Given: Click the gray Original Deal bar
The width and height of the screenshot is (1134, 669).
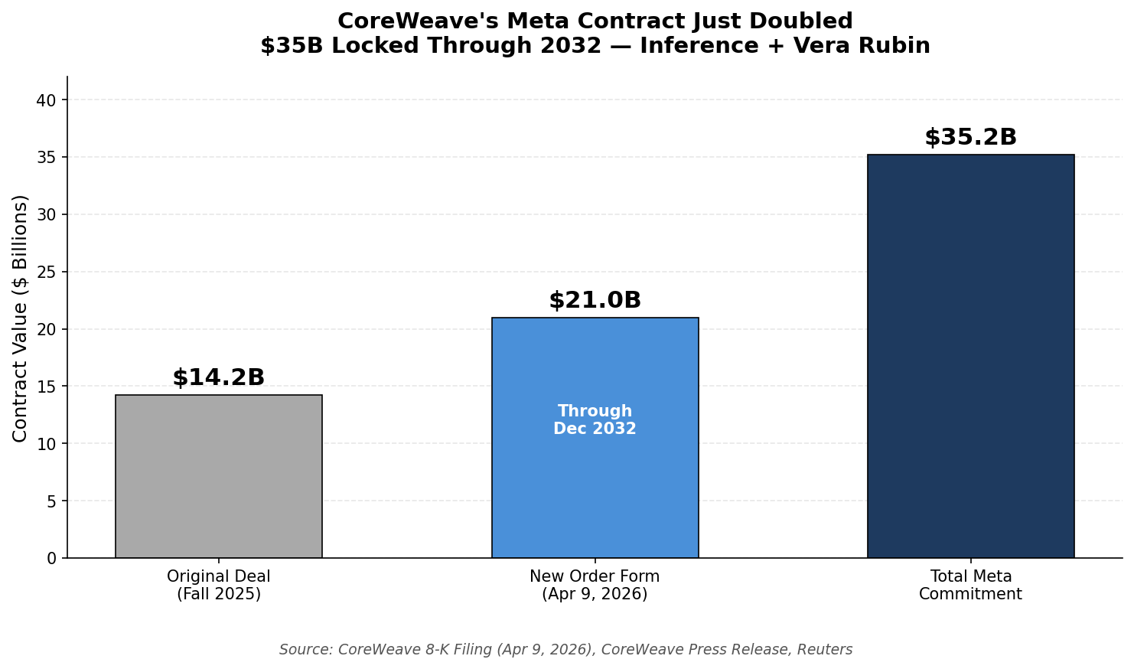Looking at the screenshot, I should click(x=218, y=476).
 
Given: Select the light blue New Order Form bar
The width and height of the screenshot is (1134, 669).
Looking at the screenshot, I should click(x=595, y=490).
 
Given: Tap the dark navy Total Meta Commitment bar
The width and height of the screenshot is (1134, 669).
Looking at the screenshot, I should click(x=970, y=356).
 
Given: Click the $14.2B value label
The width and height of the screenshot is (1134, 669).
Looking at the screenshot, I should click(x=218, y=377).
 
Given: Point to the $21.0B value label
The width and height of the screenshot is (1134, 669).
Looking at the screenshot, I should click(x=595, y=300).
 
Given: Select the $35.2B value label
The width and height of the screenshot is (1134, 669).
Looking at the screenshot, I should click(x=970, y=138).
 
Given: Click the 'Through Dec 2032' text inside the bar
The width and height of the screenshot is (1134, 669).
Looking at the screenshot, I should click(x=595, y=420).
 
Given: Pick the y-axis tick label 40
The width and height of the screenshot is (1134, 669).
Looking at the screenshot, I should click(x=47, y=100).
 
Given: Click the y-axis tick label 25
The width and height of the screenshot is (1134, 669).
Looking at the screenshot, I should click(x=47, y=272).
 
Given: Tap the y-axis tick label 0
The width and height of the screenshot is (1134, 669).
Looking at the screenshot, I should click(x=51, y=559).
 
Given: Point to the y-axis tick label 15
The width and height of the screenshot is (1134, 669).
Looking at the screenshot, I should click(x=47, y=387).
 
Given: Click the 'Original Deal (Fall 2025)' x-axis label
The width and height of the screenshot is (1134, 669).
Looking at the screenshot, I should click(x=218, y=586).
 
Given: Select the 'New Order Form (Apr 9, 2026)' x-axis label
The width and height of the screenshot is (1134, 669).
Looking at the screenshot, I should click(x=595, y=586).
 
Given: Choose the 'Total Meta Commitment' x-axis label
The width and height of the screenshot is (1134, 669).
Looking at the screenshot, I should click(x=970, y=586).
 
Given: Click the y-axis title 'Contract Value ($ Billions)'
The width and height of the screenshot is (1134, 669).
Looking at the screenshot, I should click(x=21, y=318).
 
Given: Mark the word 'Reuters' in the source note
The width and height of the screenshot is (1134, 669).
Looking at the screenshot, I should click(x=824, y=650).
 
